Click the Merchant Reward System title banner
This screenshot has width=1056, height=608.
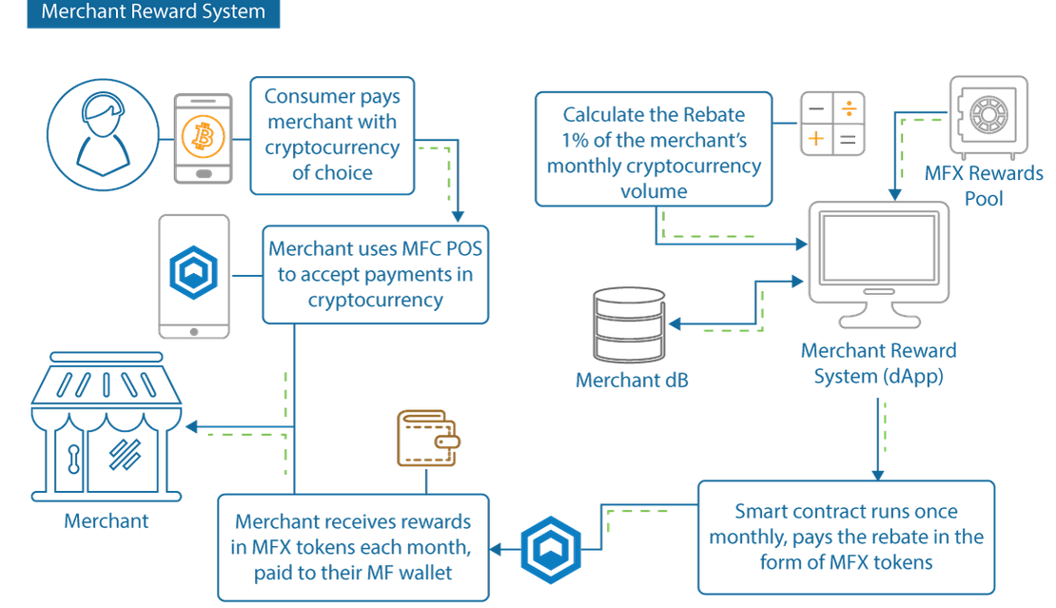pyautogui.click(x=153, y=14)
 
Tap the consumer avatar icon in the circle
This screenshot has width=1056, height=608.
pyautogui.click(x=101, y=132)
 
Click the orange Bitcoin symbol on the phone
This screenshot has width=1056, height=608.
pyautogui.click(x=203, y=138)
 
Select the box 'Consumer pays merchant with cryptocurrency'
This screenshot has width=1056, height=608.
pyautogui.click(x=332, y=135)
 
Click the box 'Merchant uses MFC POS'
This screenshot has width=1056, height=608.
pyautogui.click(x=375, y=274)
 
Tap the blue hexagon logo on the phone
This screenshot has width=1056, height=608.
pyautogui.click(x=193, y=273)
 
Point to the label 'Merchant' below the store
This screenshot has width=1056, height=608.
pyautogui.click(x=106, y=520)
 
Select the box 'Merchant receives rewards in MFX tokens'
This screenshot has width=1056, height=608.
pyautogui.click(x=353, y=547)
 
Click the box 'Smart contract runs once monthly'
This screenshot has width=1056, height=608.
pyautogui.click(x=846, y=537)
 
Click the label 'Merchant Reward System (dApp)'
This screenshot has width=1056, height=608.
pyautogui.click(x=878, y=363)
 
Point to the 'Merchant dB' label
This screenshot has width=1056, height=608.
pyautogui.click(x=632, y=381)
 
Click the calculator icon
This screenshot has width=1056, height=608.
pyautogui.click(x=831, y=125)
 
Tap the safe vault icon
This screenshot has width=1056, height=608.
pyautogui.click(x=988, y=117)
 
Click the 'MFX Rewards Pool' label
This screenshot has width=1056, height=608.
pyautogui.click(x=984, y=186)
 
